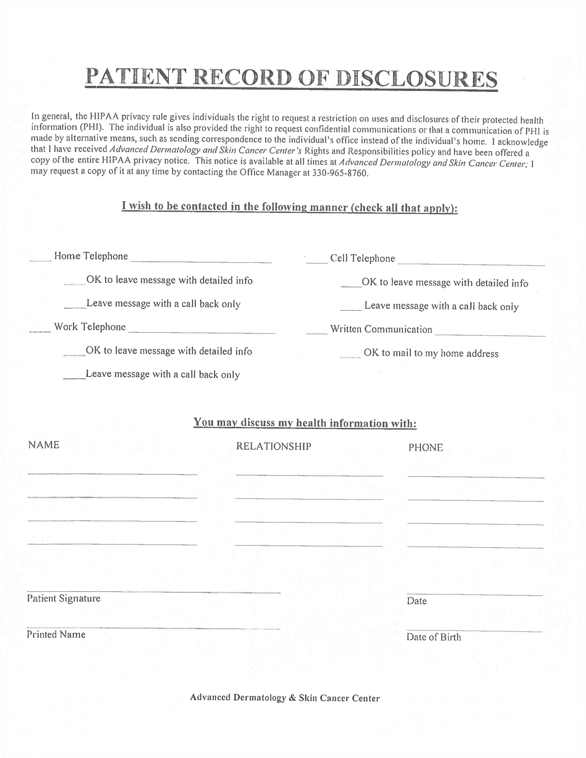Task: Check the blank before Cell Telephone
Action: pos(317,261)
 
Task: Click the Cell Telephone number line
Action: pos(471,263)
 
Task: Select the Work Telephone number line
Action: pos(202,331)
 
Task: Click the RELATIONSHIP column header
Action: pos(273,446)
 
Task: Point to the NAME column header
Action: pos(44,445)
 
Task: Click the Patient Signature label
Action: pos(63,598)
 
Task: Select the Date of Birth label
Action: pos(434,637)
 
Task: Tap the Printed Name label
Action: pos(56,634)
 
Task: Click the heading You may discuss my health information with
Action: pos(305,423)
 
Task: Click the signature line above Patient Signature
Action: pos(154,591)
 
